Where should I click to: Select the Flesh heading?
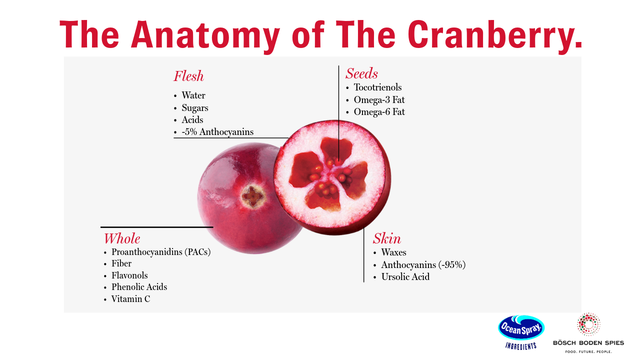[x=188, y=76]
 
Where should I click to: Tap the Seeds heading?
[x=361, y=74]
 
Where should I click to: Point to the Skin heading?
[x=387, y=238]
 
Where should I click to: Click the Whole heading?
[x=121, y=238]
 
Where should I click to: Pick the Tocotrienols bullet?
[x=377, y=87]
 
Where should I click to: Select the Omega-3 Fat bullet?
[x=379, y=99]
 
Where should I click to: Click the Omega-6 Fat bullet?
[x=379, y=112]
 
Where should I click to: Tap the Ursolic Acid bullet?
[x=405, y=277]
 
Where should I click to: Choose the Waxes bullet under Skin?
[x=393, y=252]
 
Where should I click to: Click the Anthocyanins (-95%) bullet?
[x=423, y=265]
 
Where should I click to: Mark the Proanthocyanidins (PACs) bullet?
[x=161, y=252]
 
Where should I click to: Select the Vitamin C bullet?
[x=130, y=299]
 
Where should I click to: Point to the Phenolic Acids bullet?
[x=139, y=287]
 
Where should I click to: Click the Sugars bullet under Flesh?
[x=195, y=108]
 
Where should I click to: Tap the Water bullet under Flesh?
[x=193, y=95]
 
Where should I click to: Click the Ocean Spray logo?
[x=521, y=328]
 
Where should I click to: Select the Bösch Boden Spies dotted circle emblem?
[x=588, y=324]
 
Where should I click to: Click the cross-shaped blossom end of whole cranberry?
[x=253, y=196]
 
